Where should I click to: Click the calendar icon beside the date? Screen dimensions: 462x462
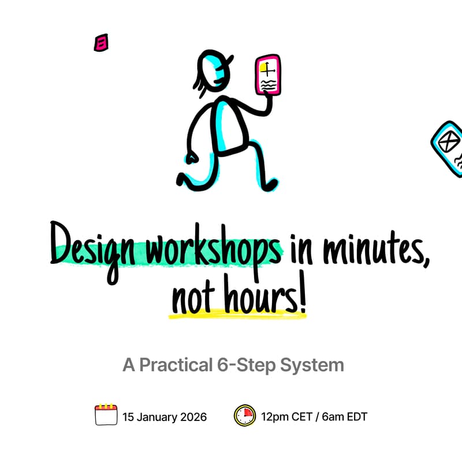coord(106,415)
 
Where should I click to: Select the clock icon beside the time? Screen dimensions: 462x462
coord(245,415)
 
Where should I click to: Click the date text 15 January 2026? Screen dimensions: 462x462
coord(165,416)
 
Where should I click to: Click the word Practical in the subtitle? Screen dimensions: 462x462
coord(188,366)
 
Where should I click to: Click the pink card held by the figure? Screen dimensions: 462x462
coord(268,76)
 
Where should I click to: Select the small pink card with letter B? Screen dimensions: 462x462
coord(102,43)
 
